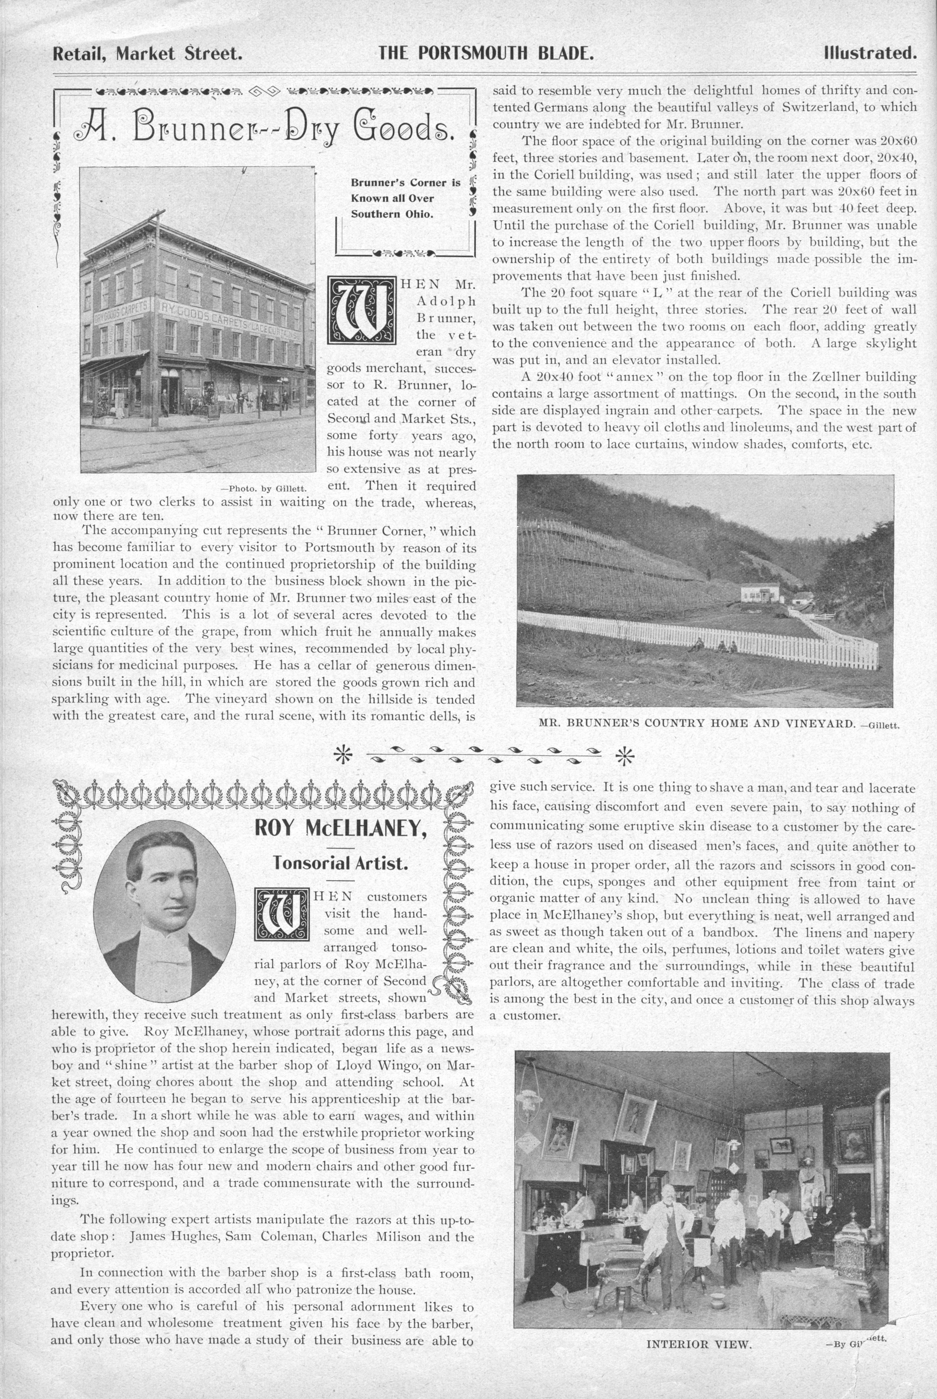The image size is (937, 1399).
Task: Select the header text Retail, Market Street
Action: (148, 54)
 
